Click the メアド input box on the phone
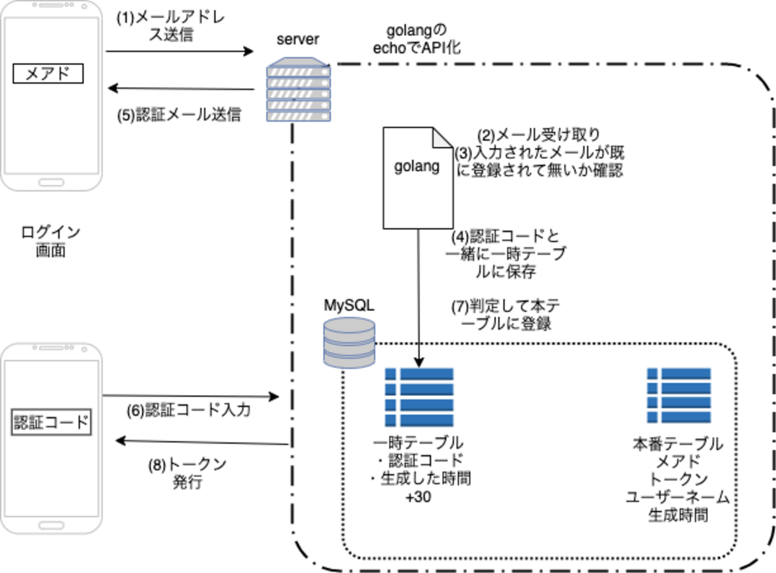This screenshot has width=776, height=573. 48,73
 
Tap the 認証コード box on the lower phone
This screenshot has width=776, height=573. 51,423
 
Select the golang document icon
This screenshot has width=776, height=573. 417,177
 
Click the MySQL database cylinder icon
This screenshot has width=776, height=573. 349,342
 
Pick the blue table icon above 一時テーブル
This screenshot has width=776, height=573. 419,397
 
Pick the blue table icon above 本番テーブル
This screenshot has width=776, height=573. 679,395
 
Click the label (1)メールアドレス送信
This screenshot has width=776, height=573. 171,26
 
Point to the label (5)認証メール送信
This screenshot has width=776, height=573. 179,115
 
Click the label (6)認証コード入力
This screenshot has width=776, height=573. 189,410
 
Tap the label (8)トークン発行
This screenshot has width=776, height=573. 187,473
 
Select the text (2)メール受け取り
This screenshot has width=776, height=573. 538,135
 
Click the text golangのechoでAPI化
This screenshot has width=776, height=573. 417,39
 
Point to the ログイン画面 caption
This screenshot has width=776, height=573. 51,241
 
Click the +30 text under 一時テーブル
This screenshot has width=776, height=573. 418,497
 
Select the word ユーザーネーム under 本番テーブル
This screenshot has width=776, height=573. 678,497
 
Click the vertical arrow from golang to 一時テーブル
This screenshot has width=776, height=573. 418,298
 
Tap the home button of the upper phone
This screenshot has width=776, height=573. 51,182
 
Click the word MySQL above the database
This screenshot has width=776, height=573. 349,305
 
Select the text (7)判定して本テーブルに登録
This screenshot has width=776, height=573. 506,315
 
